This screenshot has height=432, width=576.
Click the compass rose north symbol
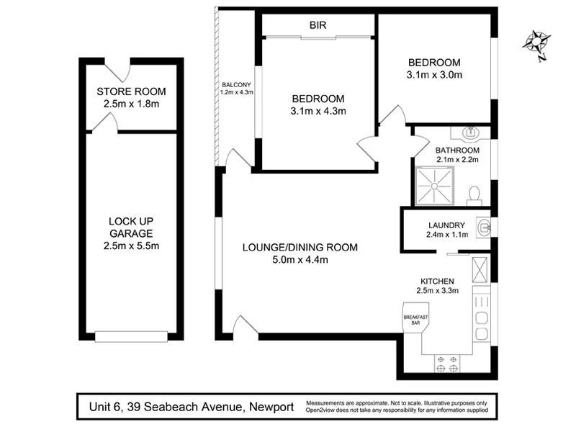click(537, 45)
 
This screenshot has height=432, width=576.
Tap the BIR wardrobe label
click(318, 25)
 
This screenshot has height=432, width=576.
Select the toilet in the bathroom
click(474, 196)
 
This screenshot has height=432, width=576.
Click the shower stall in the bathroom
click(435, 186)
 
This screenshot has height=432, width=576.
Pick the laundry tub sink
click(483, 228)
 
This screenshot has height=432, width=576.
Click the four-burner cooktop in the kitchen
click(447, 364)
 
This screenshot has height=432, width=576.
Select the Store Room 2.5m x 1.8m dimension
click(131, 104)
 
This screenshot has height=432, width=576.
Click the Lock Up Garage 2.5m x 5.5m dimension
click(131, 246)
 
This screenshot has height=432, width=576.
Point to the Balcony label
click(236, 85)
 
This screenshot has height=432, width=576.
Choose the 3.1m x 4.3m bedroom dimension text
click(318, 111)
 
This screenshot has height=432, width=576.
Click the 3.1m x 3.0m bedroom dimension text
click(434, 75)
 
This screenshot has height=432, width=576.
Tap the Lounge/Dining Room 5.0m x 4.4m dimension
click(300, 260)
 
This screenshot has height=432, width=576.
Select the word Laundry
click(446, 225)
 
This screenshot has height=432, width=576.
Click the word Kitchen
click(437, 282)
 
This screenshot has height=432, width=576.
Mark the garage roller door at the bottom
click(131, 336)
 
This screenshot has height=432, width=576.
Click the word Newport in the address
click(271, 407)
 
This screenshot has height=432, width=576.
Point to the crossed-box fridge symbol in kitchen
click(480, 270)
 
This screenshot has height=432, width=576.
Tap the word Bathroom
click(457, 150)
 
